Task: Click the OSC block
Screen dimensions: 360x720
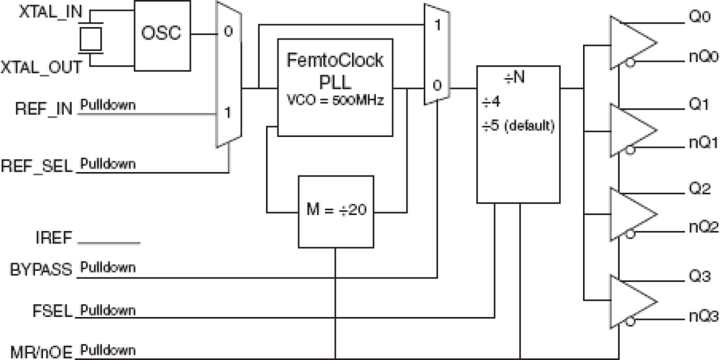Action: [162, 34]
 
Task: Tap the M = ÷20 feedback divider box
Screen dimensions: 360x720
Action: [335, 210]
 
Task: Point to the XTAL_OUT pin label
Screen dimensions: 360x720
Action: [40, 68]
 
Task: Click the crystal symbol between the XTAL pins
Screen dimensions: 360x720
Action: [89, 39]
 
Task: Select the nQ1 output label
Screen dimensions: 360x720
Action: [696, 142]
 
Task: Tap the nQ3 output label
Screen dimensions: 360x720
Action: [696, 315]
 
